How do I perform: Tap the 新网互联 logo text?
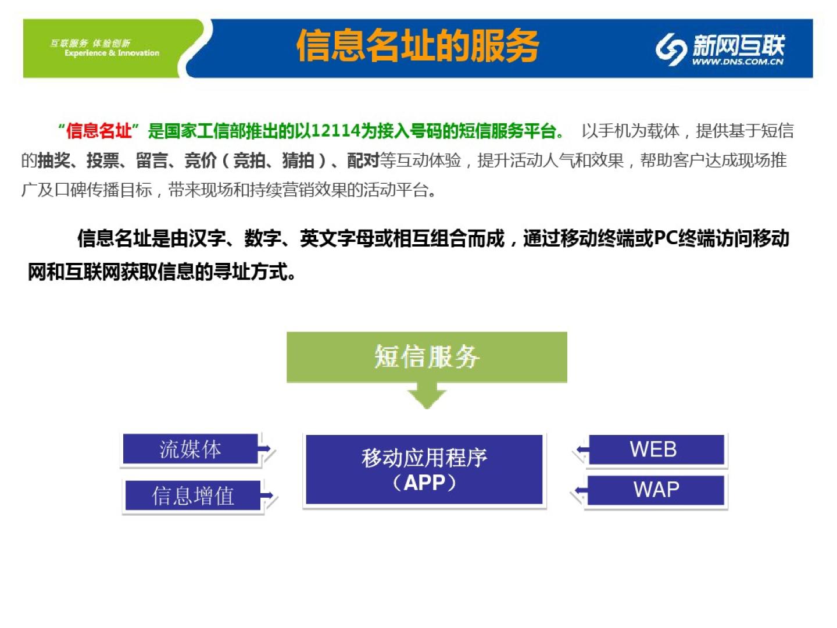[738, 44]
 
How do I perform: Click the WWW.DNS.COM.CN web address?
[737, 62]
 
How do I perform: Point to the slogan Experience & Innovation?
[112, 53]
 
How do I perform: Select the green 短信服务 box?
[427, 356]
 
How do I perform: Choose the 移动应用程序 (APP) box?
[424, 469]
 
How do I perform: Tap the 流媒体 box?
[191, 449]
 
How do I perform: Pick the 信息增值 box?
[193, 495]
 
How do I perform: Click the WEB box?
[654, 449]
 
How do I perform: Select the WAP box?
[656, 490]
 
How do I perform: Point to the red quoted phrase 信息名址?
[99, 131]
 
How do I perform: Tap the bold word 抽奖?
[53, 160]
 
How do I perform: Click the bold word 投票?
[102, 160]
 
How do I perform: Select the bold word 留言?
[152, 160]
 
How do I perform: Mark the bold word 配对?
[363, 160]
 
